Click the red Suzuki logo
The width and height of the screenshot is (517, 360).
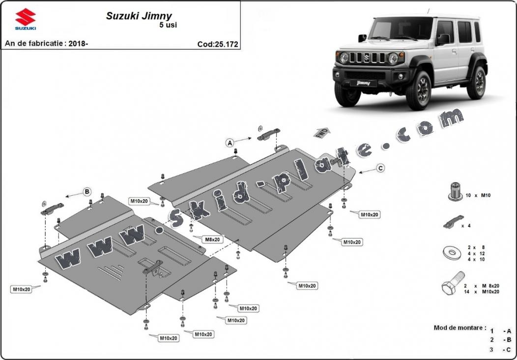pyautogui.click(x=25, y=18)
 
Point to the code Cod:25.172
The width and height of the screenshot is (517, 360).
pyautogui.click(x=218, y=44)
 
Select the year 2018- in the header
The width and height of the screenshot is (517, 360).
pyautogui.click(x=78, y=43)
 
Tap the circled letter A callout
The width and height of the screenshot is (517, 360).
pyautogui.click(x=229, y=143)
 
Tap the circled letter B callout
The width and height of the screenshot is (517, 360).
pyautogui.click(x=87, y=191)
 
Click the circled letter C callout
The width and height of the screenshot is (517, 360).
pyautogui.click(x=380, y=168)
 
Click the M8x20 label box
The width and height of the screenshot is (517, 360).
pyautogui.click(x=212, y=239)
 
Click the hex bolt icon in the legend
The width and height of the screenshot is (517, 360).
pyautogui.click(x=451, y=285)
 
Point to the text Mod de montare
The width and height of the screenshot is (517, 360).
pyautogui.click(x=460, y=328)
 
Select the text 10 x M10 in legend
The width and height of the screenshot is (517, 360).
pyautogui.click(x=478, y=195)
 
